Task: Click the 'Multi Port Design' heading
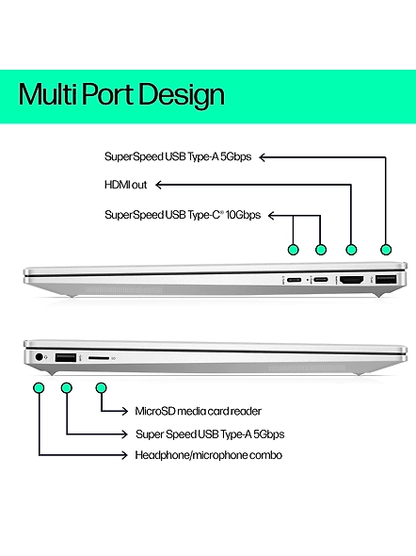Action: [121, 95]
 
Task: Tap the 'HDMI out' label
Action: [126, 185]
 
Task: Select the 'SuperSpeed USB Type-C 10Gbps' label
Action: [183, 215]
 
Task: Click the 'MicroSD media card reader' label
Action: [199, 411]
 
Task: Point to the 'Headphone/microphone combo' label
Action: [209, 455]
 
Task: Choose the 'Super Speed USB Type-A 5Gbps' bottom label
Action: [210, 434]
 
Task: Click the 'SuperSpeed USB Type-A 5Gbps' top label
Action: [178, 156]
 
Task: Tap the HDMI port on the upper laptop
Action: [351, 280]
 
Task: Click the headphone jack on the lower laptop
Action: [39, 357]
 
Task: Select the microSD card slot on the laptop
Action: [99, 358]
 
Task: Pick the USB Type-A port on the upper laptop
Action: [386, 280]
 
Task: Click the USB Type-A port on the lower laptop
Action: [66, 357]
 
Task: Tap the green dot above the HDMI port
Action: [351, 250]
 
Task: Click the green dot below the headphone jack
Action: [39, 388]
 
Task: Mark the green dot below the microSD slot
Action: [102, 388]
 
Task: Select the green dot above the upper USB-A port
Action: [386, 250]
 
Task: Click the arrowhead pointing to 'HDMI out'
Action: [159, 185]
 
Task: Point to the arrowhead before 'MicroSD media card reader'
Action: [124, 411]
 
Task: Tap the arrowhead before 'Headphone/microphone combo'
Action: [124, 455]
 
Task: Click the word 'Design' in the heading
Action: [182, 95]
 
